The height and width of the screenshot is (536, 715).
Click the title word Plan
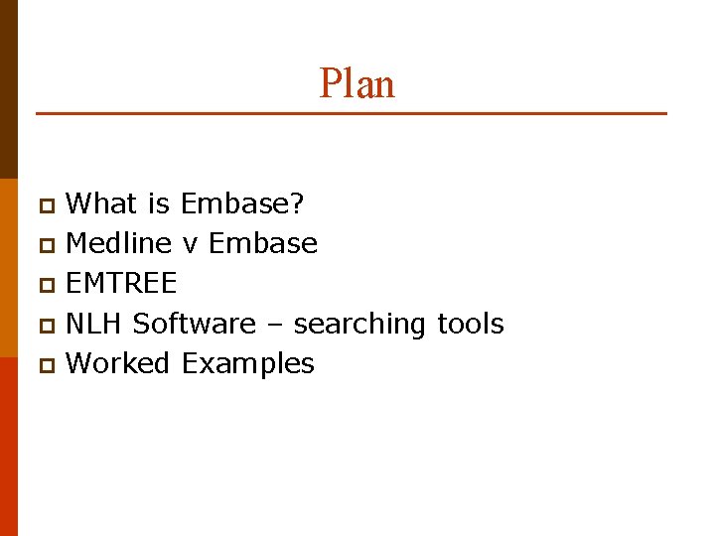[357, 83]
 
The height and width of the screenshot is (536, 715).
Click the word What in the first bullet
[101, 204]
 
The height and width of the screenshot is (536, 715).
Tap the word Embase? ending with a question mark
[243, 204]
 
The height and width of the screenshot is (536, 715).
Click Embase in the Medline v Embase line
[263, 244]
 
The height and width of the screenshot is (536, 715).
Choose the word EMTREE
[121, 284]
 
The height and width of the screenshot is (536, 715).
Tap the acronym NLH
[94, 324]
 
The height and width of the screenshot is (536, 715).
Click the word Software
[194, 324]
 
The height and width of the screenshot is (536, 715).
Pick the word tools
[470, 324]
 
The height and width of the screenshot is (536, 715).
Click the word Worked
[118, 363]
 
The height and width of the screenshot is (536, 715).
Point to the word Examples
[247, 364]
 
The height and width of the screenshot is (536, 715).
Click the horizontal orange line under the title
[351, 114]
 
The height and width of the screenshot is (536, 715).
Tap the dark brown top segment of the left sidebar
[8, 89]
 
